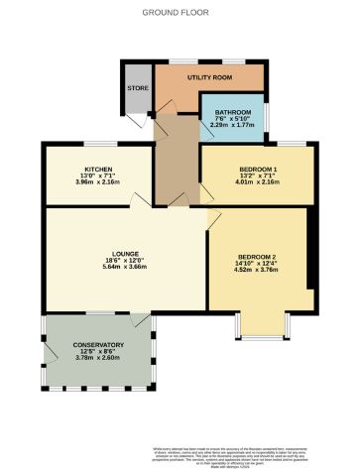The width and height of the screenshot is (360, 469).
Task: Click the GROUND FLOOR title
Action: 180,12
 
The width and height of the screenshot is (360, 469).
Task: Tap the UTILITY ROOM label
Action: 209,77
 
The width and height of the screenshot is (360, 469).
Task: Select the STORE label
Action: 136,88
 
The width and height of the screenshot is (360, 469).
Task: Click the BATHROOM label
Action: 233,112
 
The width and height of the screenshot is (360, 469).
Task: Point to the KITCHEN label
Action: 98,169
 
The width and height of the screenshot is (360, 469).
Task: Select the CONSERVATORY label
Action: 98,344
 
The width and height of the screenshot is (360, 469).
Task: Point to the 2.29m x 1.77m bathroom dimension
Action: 233,126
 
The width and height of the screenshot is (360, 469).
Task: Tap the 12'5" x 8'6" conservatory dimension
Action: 98,352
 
